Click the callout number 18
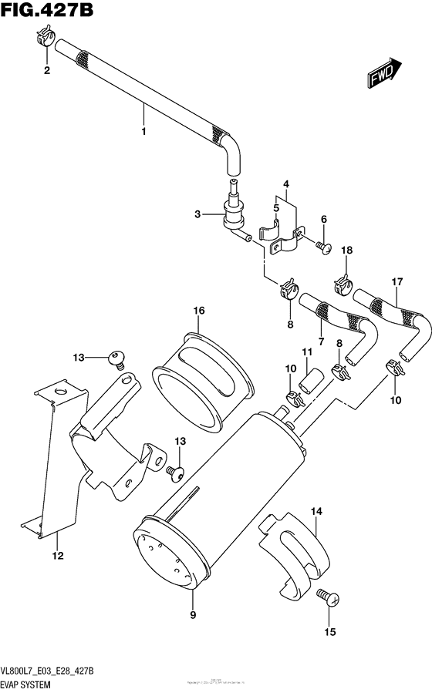[x=346, y=251]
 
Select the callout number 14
[x=316, y=510]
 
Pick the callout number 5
[x=275, y=207]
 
